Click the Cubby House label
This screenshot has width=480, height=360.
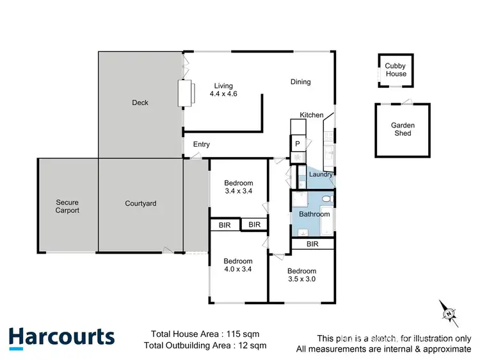(395, 70)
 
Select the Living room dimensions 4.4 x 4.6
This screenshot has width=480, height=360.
(223, 94)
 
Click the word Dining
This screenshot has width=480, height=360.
(300, 82)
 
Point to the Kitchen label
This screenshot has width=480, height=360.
(312, 115)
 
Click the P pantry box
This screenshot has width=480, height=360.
(298, 144)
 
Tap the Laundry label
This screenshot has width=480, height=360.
(320, 174)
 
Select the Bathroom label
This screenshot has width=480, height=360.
(314, 215)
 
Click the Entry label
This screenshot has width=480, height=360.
(201, 145)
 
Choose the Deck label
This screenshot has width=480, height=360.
(140, 103)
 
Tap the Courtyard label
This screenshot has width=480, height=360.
(140, 204)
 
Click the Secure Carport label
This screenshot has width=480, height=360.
(67, 206)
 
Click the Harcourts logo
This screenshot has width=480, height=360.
(61, 338)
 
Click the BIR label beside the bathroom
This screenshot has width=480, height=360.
(312, 244)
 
